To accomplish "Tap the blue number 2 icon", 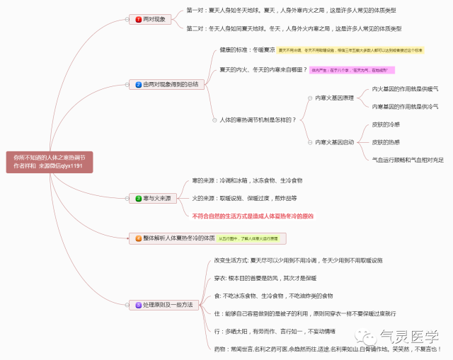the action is (139, 84).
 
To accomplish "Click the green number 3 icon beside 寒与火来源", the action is (139, 199).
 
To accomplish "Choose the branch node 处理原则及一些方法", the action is (164, 305).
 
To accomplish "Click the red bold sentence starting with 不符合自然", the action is (252, 216).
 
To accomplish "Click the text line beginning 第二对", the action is (293, 28).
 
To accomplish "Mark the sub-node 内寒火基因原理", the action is (334, 98).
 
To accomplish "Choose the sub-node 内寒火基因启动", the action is (334, 142).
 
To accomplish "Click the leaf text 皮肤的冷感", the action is (386, 124).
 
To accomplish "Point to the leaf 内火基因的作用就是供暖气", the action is (405, 89).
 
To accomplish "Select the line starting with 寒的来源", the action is (246, 180).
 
